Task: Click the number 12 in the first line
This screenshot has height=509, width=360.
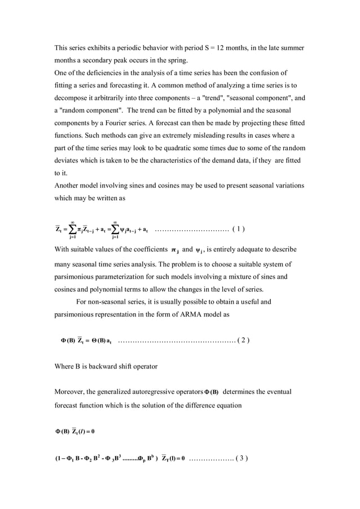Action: [221, 48]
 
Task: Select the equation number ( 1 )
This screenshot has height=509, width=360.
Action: [238, 229]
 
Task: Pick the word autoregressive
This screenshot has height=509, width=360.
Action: [157, 392]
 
